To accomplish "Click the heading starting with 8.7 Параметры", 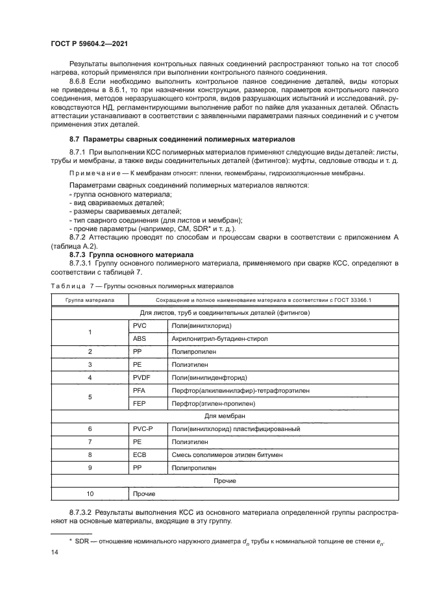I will [x=182, y=139].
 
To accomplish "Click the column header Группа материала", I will [x=90, y=300].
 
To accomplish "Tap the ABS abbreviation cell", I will [x=140, y=338].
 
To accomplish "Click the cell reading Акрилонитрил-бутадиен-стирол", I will [x=220, y=338].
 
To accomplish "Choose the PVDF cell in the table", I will [x=142, y=377].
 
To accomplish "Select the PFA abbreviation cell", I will [x=140, y=390].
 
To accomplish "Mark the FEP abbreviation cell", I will [x=140, y=404].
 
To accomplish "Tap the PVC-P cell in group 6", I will [x=144, y=429].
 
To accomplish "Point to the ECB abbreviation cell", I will [x=140, y=455].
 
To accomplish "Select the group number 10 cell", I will [x=90, y=494].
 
